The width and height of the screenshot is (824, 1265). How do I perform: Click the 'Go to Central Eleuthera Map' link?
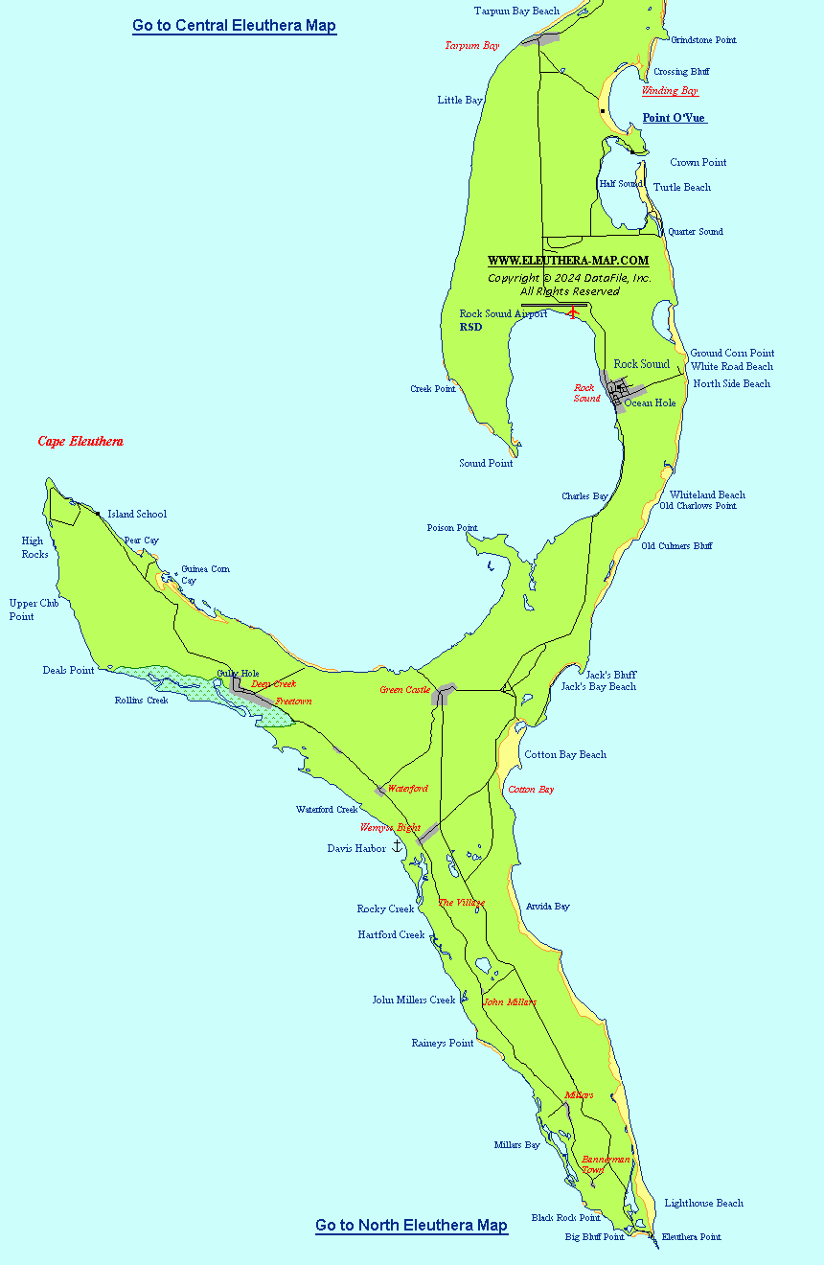234,26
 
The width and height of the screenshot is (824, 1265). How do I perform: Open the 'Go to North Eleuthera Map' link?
411,1225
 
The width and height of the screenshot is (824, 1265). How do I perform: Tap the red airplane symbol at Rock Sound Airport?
574,312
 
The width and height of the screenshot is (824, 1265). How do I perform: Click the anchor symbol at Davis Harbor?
398,845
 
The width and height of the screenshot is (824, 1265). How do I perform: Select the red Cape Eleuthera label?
80,442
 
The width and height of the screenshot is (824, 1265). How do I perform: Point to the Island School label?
136,514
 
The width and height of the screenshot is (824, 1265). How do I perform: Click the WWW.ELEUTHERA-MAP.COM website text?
567,261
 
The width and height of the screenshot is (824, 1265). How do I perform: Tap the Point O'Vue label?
674,118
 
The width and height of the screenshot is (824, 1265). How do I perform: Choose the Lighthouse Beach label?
703,1203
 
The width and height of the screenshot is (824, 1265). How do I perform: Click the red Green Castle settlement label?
404,690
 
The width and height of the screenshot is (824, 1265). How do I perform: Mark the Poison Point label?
452,528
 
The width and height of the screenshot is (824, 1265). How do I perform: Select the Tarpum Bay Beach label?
516,11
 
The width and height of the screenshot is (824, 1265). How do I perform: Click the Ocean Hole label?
650,402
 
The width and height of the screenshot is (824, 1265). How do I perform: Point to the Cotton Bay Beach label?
565,754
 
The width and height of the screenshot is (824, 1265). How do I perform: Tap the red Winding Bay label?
669,91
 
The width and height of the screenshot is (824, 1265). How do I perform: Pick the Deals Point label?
68,670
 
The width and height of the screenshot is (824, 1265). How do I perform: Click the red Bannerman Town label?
606,1164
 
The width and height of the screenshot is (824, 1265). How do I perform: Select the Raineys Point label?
442,1043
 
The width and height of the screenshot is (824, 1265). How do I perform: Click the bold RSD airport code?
470,327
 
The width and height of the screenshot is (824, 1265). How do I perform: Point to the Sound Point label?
486,463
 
